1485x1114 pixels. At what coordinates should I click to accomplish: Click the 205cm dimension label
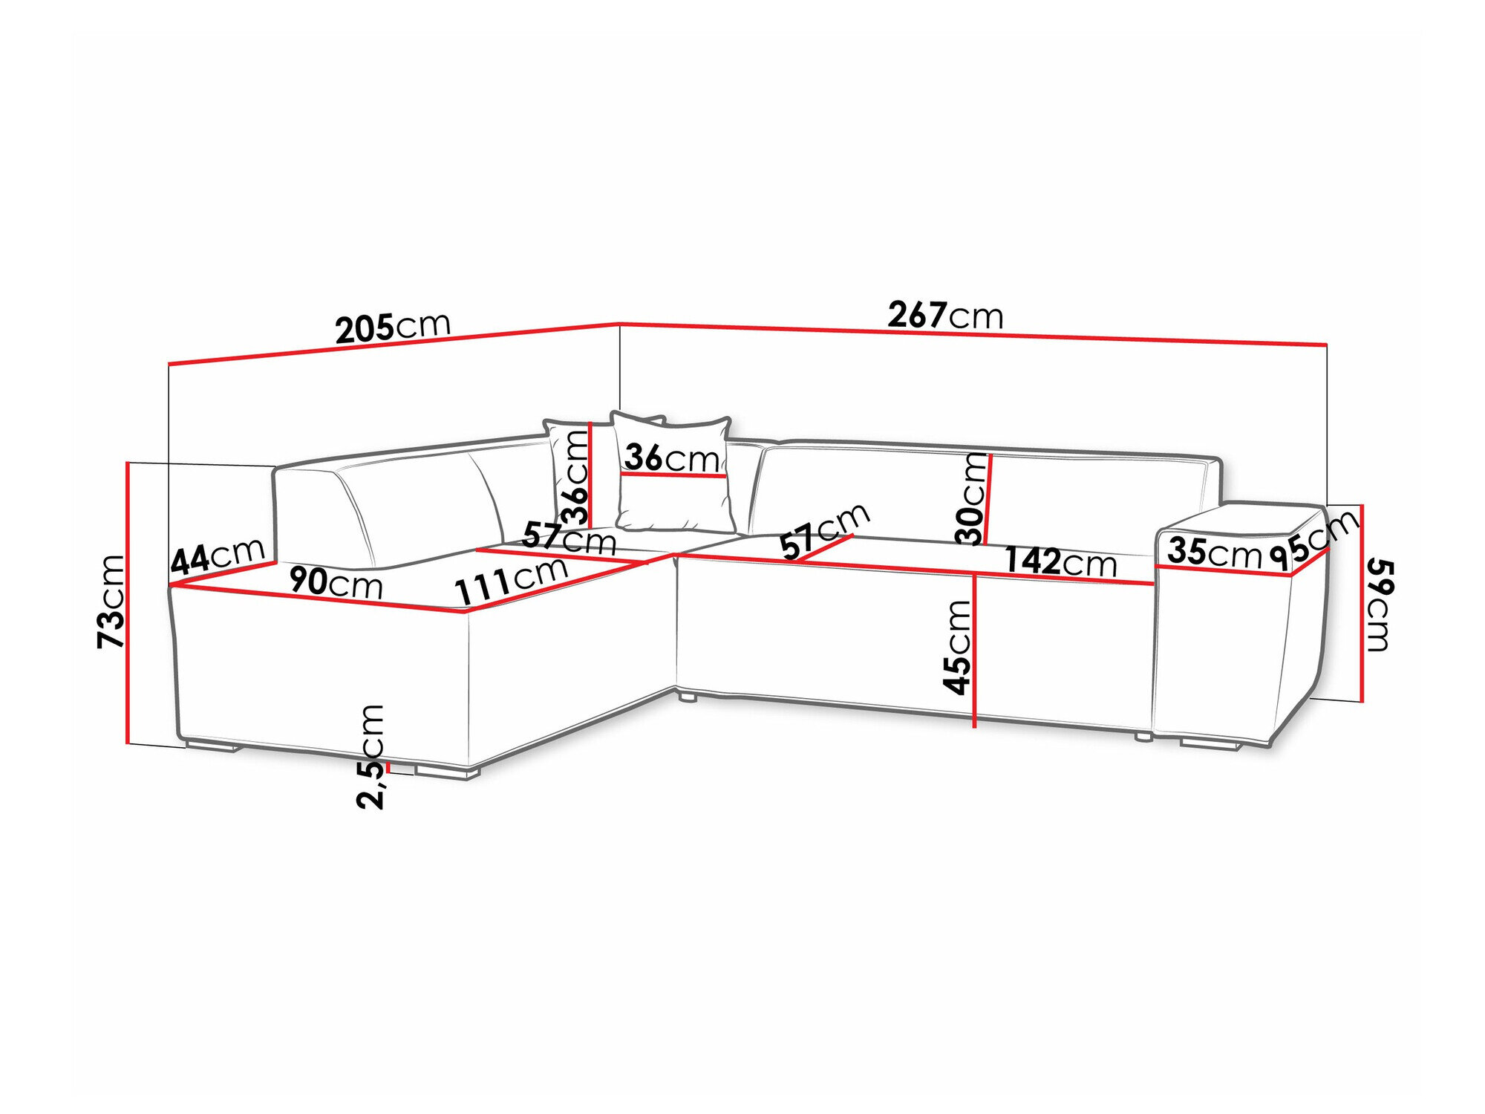[393, 327]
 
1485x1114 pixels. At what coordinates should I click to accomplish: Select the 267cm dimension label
[945, 316]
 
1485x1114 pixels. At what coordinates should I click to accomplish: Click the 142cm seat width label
[1060, 561]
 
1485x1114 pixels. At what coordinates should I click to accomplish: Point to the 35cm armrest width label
[1214, 553]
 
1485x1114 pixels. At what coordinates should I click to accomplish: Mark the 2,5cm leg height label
[371, 756]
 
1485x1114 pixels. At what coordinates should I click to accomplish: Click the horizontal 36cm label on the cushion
[671, 458]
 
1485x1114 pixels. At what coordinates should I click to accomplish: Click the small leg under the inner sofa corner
[687, 698]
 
